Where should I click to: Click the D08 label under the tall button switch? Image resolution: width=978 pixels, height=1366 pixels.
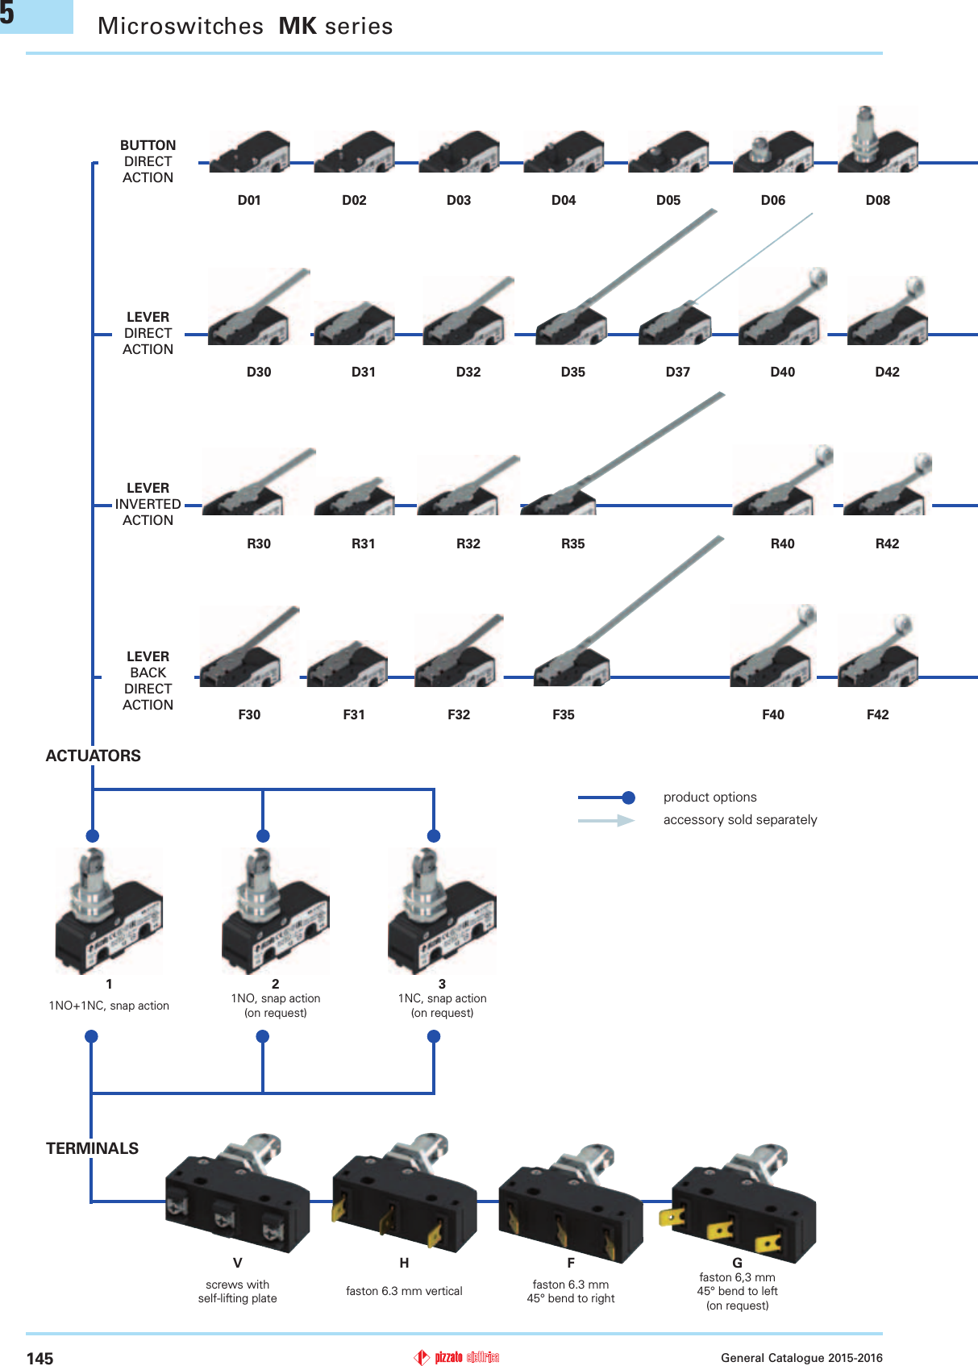point(877,200)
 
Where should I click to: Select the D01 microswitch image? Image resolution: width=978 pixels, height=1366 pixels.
point(249,153)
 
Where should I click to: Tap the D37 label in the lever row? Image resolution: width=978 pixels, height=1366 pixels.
point(677,372)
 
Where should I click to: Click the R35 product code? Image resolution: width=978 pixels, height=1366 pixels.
point(572,543)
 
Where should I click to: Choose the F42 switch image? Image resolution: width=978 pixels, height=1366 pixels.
point(877,653)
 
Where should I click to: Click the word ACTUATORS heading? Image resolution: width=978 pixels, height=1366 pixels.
point(93,756)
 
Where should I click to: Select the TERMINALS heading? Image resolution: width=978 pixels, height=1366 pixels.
point(92,1148)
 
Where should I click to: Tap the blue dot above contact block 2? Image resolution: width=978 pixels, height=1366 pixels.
point(263,835)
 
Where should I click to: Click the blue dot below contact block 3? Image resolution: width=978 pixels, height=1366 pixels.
point(434,1036)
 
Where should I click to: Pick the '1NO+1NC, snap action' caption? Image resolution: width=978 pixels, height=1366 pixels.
point(109,1006)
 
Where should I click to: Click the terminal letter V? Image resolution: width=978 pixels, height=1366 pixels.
point(237,1263)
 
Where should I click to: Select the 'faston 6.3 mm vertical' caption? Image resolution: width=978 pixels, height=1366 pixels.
point(404,1291)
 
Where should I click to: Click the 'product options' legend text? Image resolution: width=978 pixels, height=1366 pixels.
point(710,798)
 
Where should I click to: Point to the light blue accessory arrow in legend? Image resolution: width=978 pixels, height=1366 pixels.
point(606,820)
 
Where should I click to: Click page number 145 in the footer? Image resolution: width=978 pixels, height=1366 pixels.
point(40,1359)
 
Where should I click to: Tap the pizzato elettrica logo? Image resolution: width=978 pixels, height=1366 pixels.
point(457,1357)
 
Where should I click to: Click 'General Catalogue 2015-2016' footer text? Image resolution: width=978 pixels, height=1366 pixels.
point(801,1358)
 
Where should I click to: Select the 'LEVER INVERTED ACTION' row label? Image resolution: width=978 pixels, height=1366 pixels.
point(148,504)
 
